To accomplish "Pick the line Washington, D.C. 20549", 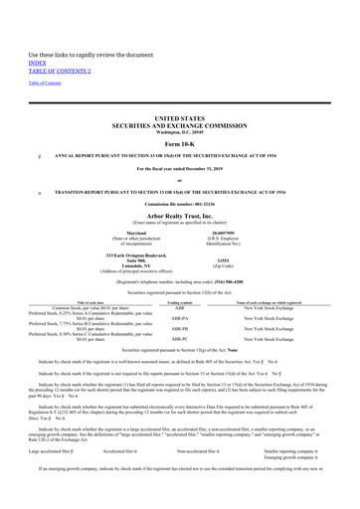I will tap(180, 103).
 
